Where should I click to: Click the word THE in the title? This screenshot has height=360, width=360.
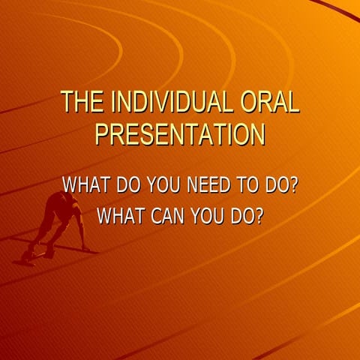(x=79, y=102)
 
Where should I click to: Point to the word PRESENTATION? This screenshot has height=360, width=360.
(x=180, y=134)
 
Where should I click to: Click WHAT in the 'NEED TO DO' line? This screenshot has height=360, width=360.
(x=85, y=184)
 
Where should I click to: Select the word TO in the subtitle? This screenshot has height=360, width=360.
(x=250, y=184)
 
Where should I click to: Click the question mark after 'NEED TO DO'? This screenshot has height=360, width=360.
(x=293, y=184)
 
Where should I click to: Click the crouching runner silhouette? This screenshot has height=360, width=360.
(x=60, y=221)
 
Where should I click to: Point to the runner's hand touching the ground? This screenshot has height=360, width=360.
(x=86, y=248)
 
